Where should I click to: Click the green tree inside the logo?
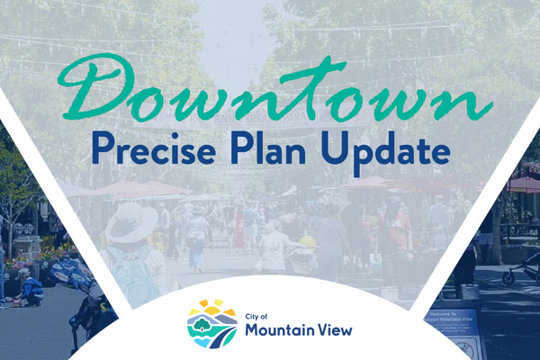coord(204,319)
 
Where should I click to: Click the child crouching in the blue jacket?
coord(31,290)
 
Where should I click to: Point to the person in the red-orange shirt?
coord(396,229)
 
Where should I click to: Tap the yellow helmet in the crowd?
coord(308,240)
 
